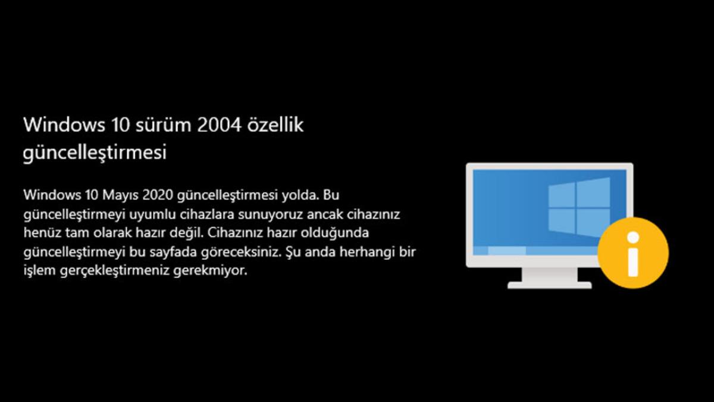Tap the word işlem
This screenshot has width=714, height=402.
point(37,270)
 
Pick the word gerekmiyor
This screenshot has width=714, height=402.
point(217,270)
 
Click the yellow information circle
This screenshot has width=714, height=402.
point(633,253)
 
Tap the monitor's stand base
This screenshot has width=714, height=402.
point(549,284)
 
